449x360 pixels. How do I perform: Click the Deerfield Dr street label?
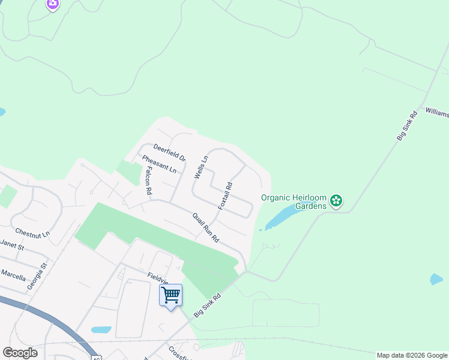click(169, 152)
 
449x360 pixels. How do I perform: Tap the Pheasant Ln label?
click(160, 164)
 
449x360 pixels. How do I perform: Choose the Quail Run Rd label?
click(206, 227)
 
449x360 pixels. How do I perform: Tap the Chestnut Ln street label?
click(32, 232)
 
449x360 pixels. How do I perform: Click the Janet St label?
click(11, 245)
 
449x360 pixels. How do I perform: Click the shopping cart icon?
click(171, 295)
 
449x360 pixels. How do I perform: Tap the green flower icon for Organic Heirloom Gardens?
click(336, 200)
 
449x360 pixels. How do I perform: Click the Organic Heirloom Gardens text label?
click(294, 202)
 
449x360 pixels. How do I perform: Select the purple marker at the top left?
click(53, 5)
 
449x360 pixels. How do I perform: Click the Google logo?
click(20, 353)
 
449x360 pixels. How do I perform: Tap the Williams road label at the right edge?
click(437, 113)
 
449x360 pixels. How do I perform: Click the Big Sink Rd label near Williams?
click(406, 125)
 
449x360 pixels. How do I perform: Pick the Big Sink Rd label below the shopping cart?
click(208, 305)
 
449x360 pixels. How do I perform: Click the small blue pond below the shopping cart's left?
click(101, 329)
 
